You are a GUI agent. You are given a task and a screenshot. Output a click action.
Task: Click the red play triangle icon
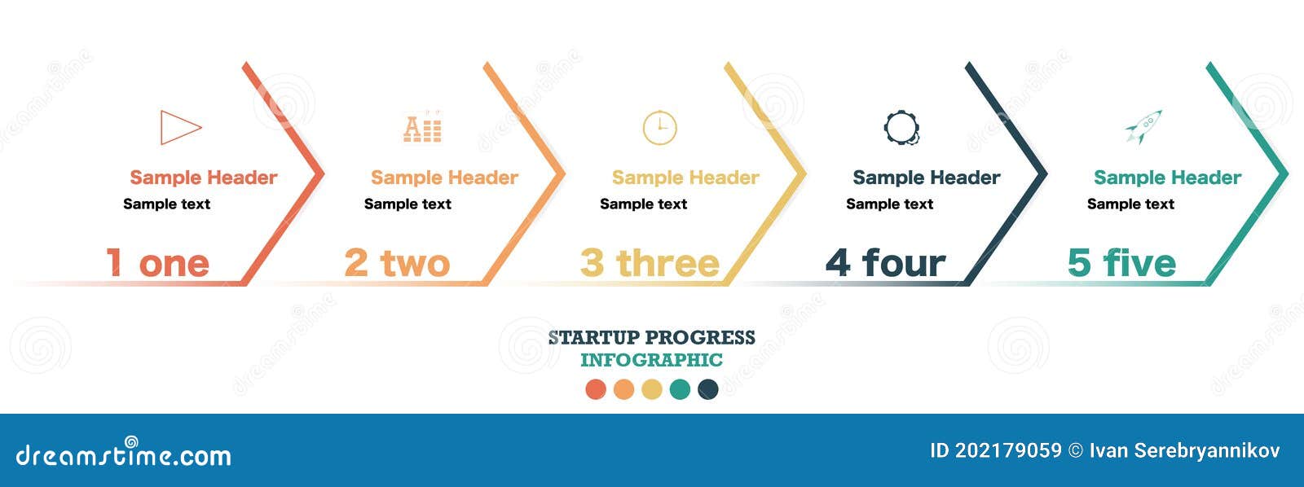click(163, 127)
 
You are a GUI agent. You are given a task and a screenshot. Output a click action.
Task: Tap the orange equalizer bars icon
click(423, 127)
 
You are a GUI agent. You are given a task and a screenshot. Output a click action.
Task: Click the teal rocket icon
click(1144, 126)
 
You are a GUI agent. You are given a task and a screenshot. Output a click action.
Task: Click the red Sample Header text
click(203, 178)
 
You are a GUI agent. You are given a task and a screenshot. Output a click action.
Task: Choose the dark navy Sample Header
click(926, 178)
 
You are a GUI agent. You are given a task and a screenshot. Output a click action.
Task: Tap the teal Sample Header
click(1167, 178)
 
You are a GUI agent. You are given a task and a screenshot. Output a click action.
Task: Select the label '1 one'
click(157, 263)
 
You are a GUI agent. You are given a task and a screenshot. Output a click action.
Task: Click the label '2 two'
click(397, 263)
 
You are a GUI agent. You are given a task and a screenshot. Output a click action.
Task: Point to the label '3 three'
click(650, 263)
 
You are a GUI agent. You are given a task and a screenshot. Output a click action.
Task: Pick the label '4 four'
click(885, 263)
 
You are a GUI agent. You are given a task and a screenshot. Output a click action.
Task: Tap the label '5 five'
click(1121, 263)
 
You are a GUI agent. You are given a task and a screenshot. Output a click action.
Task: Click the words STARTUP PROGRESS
click(651, 337)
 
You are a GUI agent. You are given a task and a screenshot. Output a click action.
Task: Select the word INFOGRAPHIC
click(651, 360)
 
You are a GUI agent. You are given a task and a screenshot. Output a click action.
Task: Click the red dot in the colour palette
click(596, 389)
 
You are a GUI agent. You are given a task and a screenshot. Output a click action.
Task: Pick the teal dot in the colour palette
click(680, 389)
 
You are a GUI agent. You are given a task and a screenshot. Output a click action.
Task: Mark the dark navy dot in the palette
click(708, 389)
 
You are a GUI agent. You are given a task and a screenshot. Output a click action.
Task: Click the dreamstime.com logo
click(123, 451)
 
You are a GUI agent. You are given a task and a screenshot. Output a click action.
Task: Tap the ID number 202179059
click(1008, 450)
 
